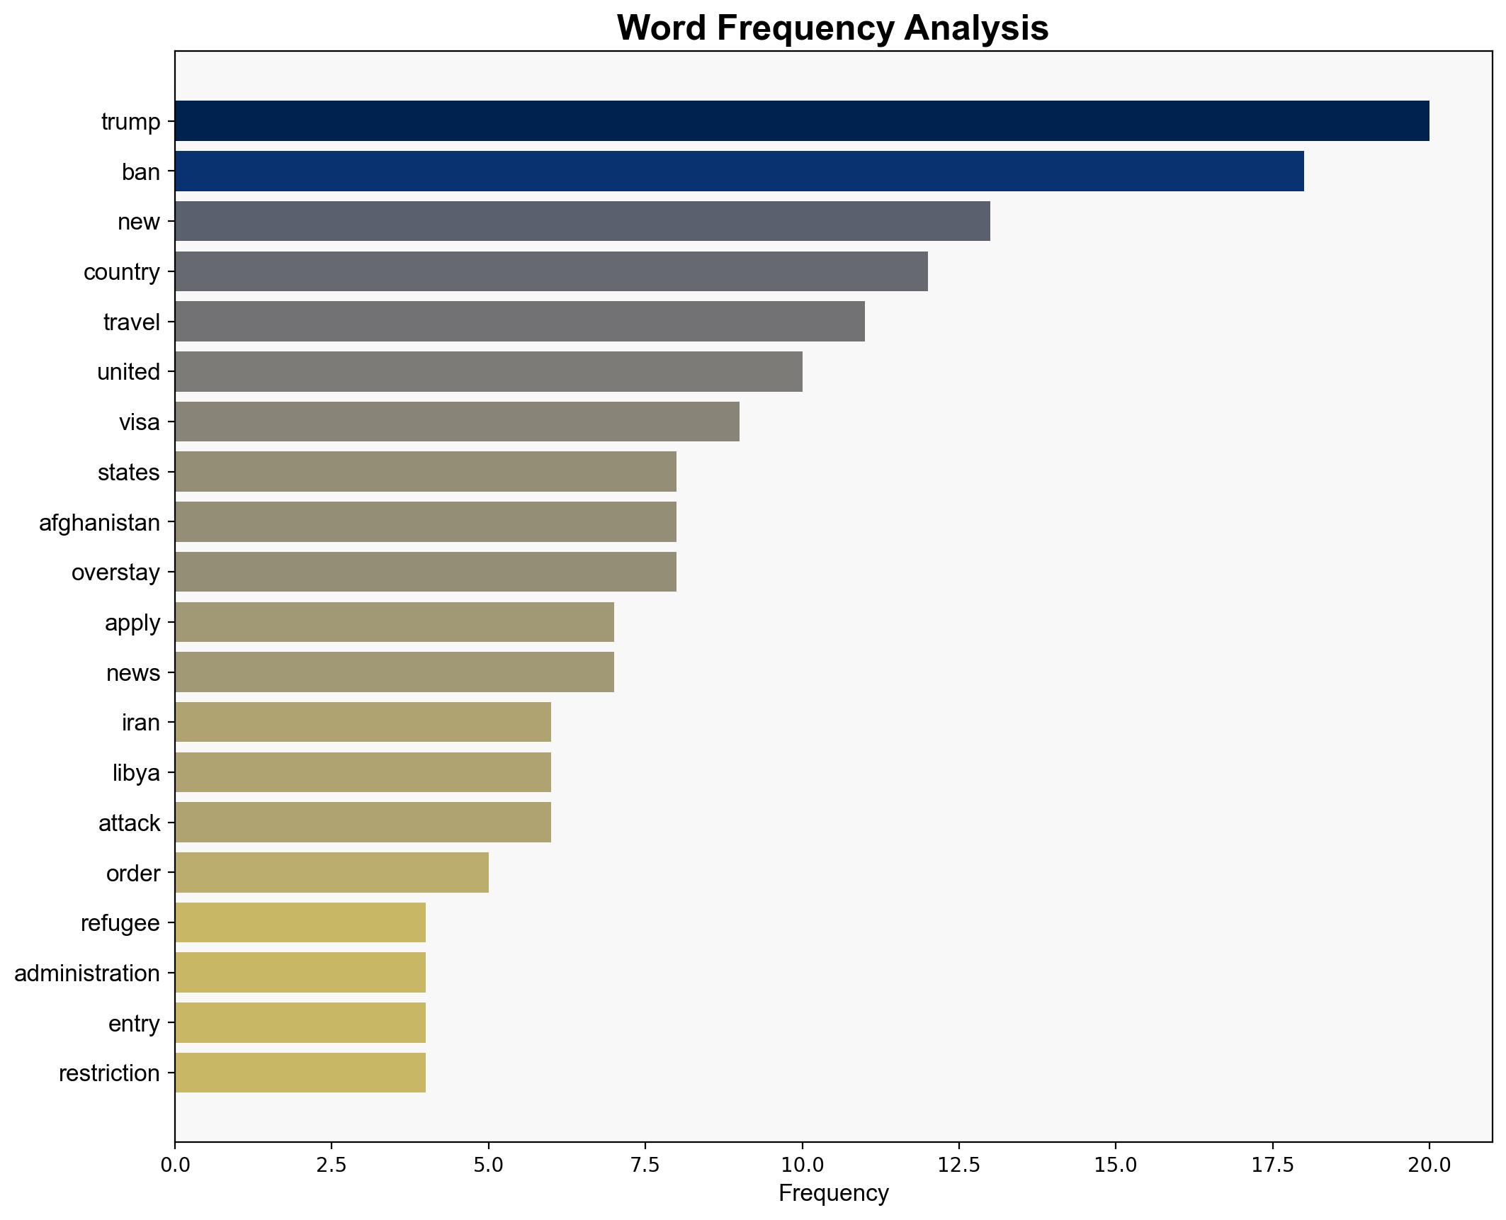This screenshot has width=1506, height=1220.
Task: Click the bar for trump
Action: [x=801, y=121]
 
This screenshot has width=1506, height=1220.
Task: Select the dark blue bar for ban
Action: [x=739, y=171]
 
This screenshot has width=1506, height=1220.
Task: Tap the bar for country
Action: [x=551, y=271]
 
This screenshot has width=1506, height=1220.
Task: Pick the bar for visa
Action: [x=457, y=422]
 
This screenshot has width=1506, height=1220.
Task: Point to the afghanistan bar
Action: [x=425, y=522]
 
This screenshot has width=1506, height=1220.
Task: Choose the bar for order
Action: [x=332, y=872]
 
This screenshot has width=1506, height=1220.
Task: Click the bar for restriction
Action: [x=300, y=1073]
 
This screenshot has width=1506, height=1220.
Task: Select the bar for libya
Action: [x=363, y=772]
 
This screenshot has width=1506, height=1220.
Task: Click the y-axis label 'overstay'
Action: [x=115, y=572]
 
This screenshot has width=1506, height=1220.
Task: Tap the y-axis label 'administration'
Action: [x=87, y=973]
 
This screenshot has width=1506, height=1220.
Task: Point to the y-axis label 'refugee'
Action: [x=120, y=923]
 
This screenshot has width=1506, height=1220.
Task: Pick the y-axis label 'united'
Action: [x=128, y=372]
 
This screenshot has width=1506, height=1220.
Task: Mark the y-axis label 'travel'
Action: [x=132, y=322]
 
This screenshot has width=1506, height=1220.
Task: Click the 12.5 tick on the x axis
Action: [x=958, y=1165]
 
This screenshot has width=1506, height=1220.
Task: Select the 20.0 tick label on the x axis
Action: [x=1429, y=1165]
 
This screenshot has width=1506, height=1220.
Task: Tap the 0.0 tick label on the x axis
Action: [x=175, y=1165]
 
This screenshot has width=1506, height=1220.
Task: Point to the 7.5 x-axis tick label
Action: [x=645, y=1165]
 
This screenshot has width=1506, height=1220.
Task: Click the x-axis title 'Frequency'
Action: [x=833, y=1194]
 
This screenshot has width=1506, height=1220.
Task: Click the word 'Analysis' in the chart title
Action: [x=975, y=28]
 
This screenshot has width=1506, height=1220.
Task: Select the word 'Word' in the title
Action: [x=662, y=28]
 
